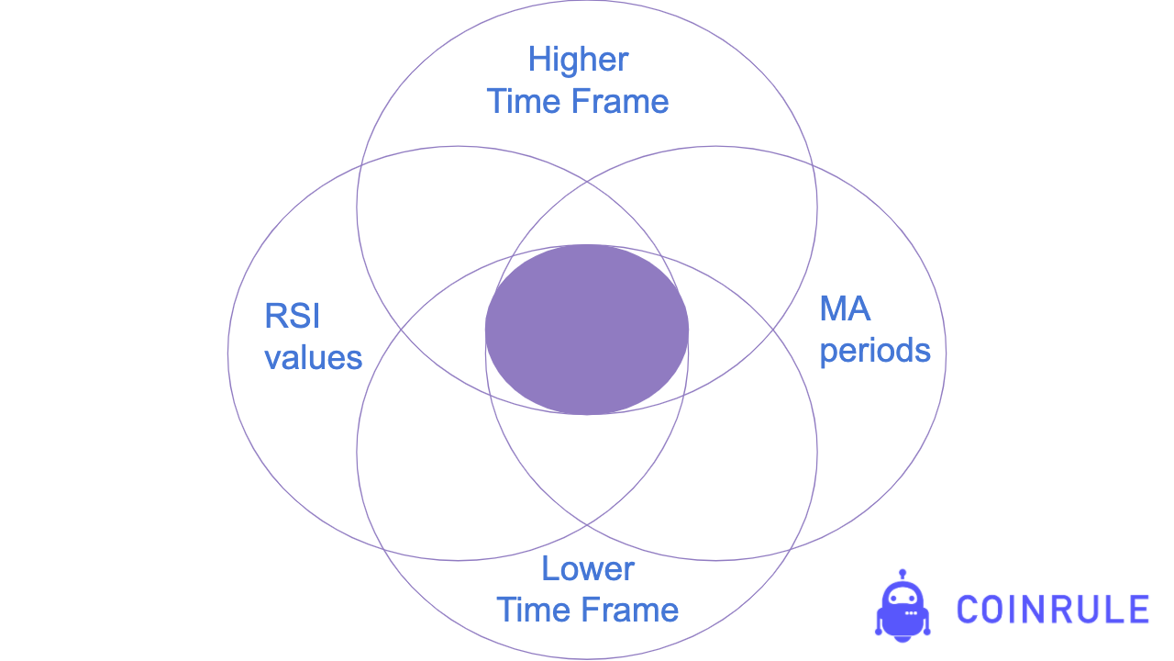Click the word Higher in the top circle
[x=578, y=61]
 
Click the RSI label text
[x=292, y=317]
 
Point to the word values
[x=314, y=357]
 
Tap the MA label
[x=845, y=309]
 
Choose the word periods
[x=875, y=351]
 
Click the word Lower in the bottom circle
[x=587, y=569]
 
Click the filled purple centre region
[x=587, y=330]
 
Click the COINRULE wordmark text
[x=1052, y=610]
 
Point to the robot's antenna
[x=903, y=575]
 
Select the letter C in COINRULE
[x=969, y=610]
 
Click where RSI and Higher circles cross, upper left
[x=361, y=165]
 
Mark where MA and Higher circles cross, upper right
[x=813, y=165]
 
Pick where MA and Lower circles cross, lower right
[x=790, y=548]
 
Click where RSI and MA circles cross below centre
[x=587, y=525]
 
